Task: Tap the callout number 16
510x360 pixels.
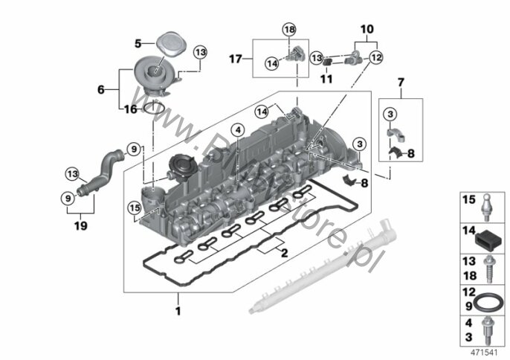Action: pos(132,109)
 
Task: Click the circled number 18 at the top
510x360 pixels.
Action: pos(288,29)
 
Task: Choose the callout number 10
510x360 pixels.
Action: pos(366,29)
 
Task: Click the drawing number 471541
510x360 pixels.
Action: pos(483,350)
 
